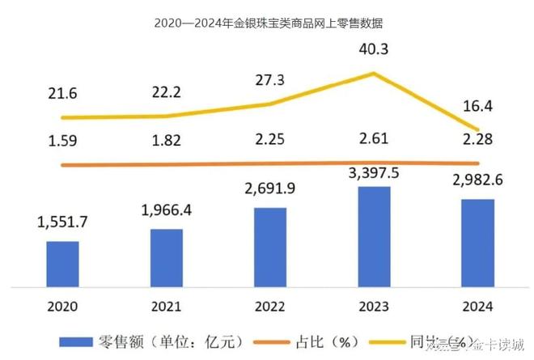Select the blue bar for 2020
pos(62,263)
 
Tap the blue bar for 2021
pos(166,257)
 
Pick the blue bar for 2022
pos(270,247)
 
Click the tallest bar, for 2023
pos(374,235)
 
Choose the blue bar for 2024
pos(477,242)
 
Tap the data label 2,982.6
pos(477,180)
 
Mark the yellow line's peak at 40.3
pos(374,74)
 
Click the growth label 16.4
pos(477,107)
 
